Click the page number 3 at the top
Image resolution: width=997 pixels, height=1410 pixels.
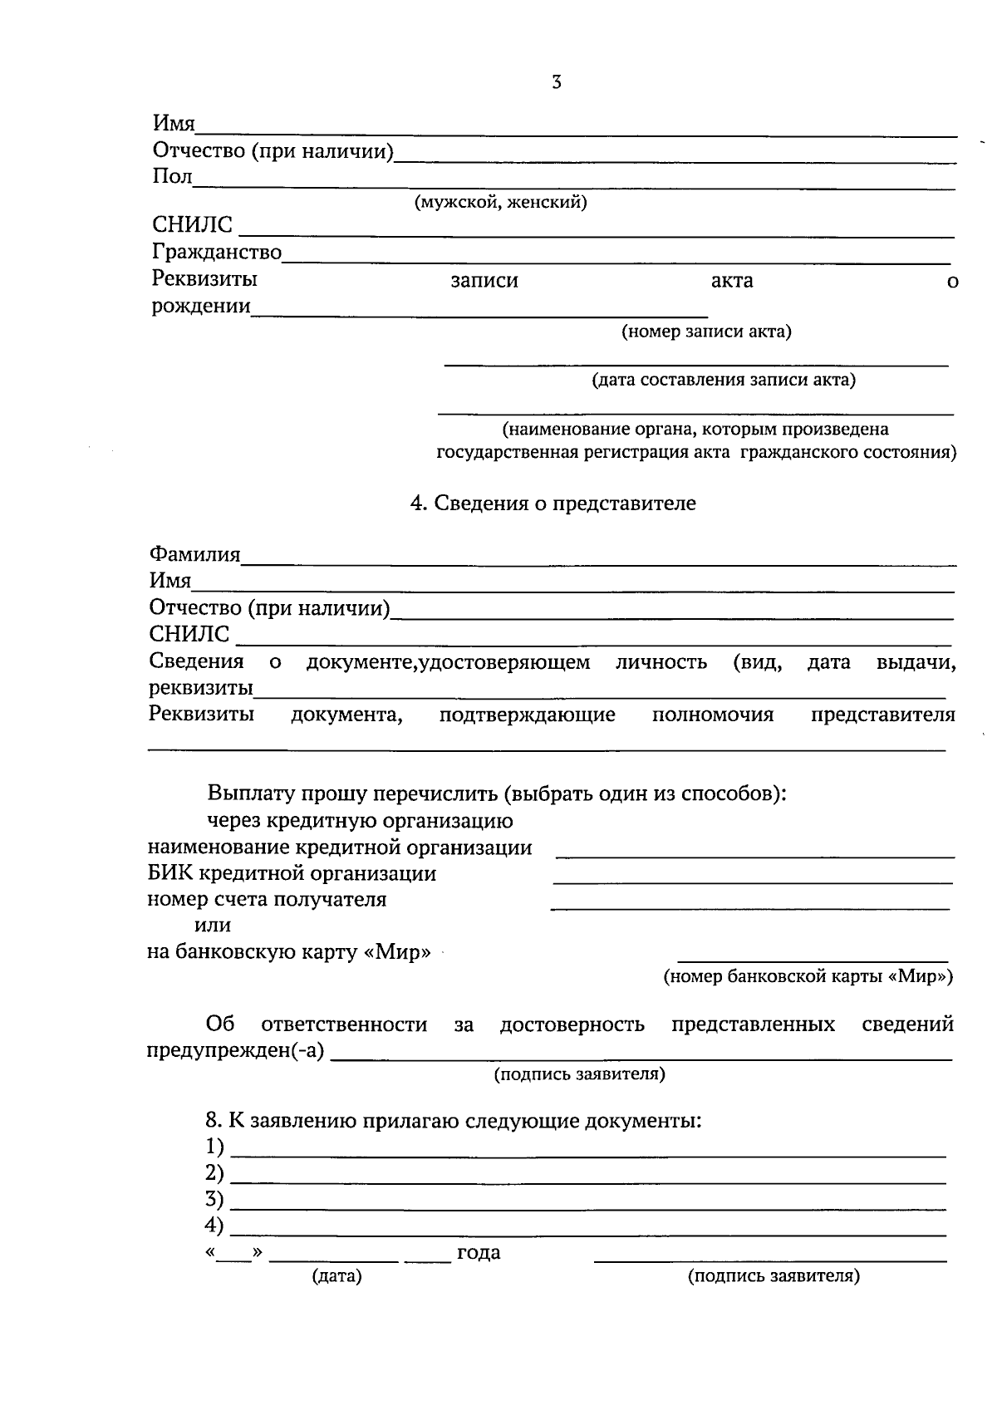[556, 82]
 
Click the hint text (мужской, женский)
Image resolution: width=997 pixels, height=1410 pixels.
[501, 203]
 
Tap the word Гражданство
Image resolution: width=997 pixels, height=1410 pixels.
[217, 252]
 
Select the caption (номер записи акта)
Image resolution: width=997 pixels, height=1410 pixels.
[706, 332]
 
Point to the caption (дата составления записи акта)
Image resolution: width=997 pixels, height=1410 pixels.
[723, 381]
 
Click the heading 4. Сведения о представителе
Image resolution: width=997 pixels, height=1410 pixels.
[553, 504]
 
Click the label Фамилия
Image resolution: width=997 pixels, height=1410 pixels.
[194, 554]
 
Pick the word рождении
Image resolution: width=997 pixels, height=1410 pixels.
[201, 307]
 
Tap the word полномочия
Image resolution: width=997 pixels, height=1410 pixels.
[713, 715]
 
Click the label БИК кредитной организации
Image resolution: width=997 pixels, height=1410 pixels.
[292, 874]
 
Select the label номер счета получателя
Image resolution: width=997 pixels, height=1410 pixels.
[267, 900]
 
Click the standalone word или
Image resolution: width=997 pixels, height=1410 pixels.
[213, 926]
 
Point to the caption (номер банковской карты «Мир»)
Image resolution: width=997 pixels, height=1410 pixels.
[808, 977]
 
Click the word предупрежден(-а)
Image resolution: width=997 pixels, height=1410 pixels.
[236, 1050]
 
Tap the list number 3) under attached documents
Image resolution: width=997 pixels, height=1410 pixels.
[214, 1200]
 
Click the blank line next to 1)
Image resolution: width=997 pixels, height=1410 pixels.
[588, 1155]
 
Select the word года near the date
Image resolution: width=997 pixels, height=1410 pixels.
[479, 1253]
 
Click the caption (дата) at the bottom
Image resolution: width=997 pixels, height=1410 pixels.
[336, 1276]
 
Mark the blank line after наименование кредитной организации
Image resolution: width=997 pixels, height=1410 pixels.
[754, 855]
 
